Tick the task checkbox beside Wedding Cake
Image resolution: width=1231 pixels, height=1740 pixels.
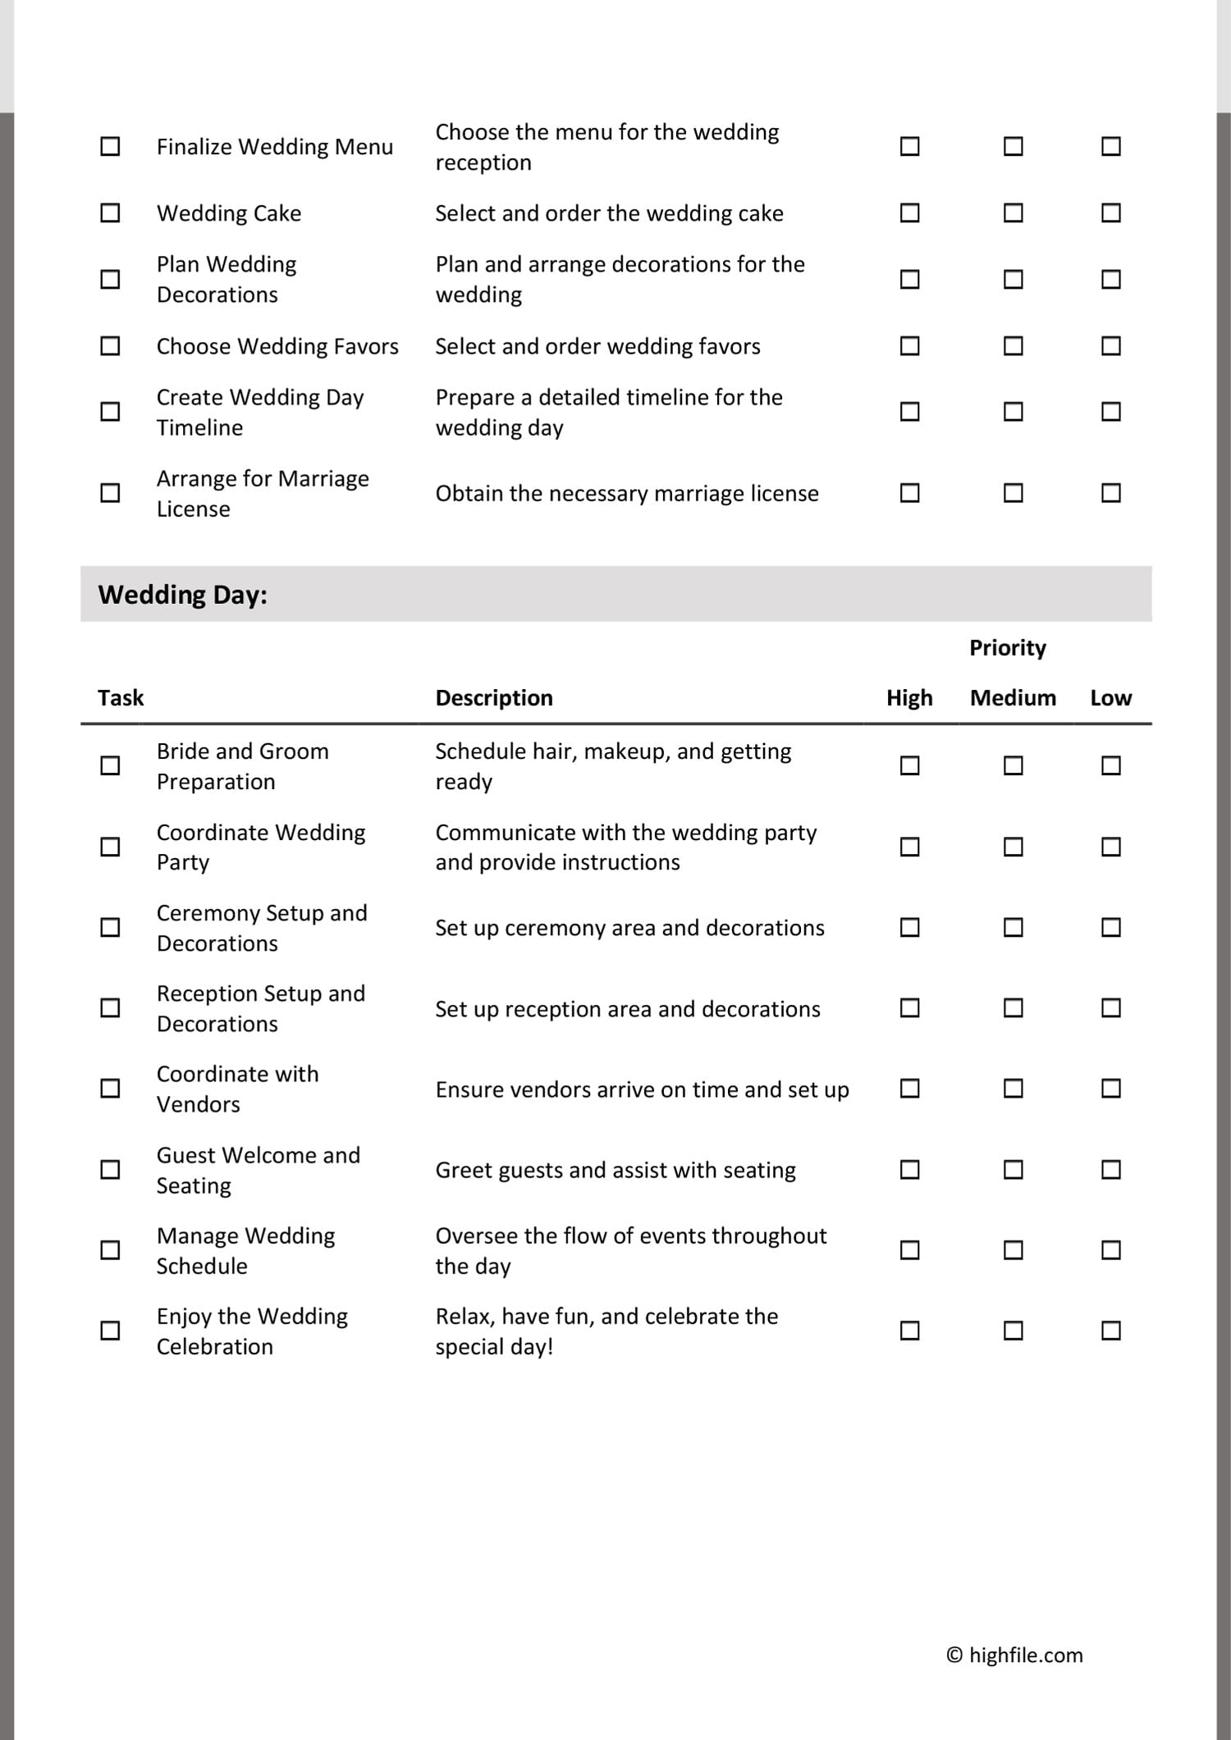(110, 213)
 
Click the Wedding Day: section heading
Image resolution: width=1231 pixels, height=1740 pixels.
(182, 595)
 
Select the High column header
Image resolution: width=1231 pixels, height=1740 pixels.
(909, 698)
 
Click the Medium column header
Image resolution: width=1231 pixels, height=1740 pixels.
(1013, 698)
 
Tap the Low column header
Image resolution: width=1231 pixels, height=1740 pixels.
(1110, 698)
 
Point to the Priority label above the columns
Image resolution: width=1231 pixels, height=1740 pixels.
(1008, 648)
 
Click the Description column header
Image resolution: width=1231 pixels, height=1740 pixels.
(494, 698)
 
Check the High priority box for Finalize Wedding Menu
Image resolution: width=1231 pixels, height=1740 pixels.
(909, 147)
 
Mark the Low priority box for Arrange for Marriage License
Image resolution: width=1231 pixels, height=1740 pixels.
(1110, 493)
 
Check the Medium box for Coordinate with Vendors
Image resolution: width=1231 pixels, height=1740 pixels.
(1014, 1089)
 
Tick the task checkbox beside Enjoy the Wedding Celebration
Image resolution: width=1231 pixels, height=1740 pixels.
(110, 1331)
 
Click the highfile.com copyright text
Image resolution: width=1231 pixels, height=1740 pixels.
(1014, 1656)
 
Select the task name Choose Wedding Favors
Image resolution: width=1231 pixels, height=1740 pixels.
(277, 346)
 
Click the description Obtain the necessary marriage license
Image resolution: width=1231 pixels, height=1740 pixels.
(627, 494)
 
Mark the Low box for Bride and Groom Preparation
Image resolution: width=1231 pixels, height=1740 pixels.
(1110, 765)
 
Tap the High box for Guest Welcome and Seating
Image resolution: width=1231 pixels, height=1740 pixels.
(909, 1169)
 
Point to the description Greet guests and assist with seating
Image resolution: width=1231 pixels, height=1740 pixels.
(615, 1170)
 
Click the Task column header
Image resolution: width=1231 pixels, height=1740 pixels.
(121, 698)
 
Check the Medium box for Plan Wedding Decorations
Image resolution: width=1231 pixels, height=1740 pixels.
(1014, 280)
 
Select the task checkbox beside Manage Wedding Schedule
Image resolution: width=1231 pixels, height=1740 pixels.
(110, 1250)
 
